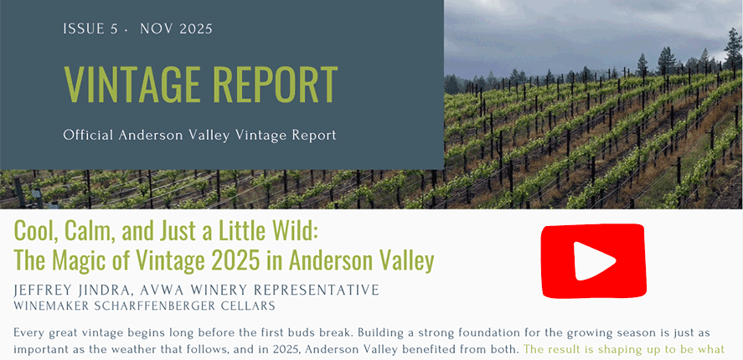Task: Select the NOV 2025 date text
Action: [177, 29]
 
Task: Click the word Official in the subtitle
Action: [88, 135]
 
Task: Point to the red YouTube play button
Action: [592, 260]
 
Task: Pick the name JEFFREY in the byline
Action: [45, 290]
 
